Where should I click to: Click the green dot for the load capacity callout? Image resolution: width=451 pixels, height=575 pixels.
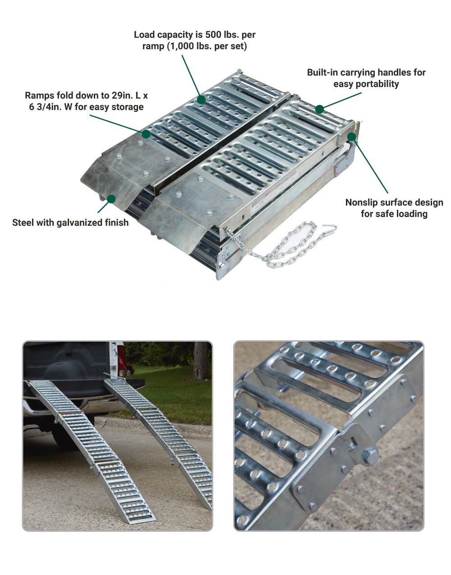[x=201, y=99]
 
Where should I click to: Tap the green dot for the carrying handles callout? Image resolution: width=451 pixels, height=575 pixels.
[x=319, y=109]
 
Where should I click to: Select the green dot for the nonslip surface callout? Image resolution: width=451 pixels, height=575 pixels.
[x=351, y=137]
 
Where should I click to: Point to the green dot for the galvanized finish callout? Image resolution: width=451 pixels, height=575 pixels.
[x=111, y=199]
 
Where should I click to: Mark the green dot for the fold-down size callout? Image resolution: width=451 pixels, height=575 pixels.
[x=146, y=134]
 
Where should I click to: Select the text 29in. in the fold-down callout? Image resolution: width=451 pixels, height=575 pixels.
[x=122, y=96]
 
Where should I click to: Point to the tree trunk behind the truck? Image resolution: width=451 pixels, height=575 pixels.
[x=200, y=360]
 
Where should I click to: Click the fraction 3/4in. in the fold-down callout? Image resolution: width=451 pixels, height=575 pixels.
[x=52, y=107]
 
